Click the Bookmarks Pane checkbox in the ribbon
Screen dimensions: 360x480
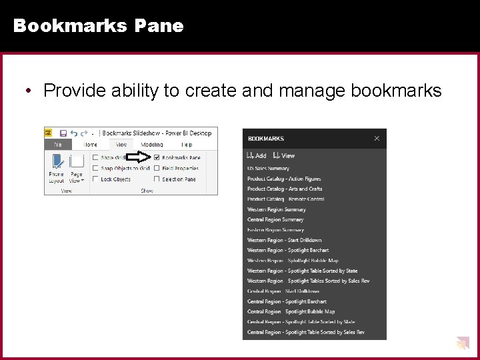point(157,158)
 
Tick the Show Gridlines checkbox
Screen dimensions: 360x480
point(96,158)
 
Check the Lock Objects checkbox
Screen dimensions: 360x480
point(96,179)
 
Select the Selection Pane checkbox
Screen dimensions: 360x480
point(157,179)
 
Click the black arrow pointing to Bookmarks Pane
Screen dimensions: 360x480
point(138,157)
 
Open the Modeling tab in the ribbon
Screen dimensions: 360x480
point(151,144)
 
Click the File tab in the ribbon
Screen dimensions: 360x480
point(57,144)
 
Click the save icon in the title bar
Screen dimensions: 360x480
point(63,133)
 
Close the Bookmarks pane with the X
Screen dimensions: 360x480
point(377,139)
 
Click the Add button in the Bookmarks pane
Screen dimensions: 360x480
point(257,155)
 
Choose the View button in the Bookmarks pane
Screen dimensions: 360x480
point(284,155)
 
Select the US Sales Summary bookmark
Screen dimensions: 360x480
point(268,169)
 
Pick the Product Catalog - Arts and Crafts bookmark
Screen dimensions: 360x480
point(285,189)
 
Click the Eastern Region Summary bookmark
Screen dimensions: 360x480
point(275,230)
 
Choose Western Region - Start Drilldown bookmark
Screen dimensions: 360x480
point(285,240)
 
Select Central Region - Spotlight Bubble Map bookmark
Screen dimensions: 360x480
point(291,311)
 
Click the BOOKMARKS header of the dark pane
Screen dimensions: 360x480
point(266,139)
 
